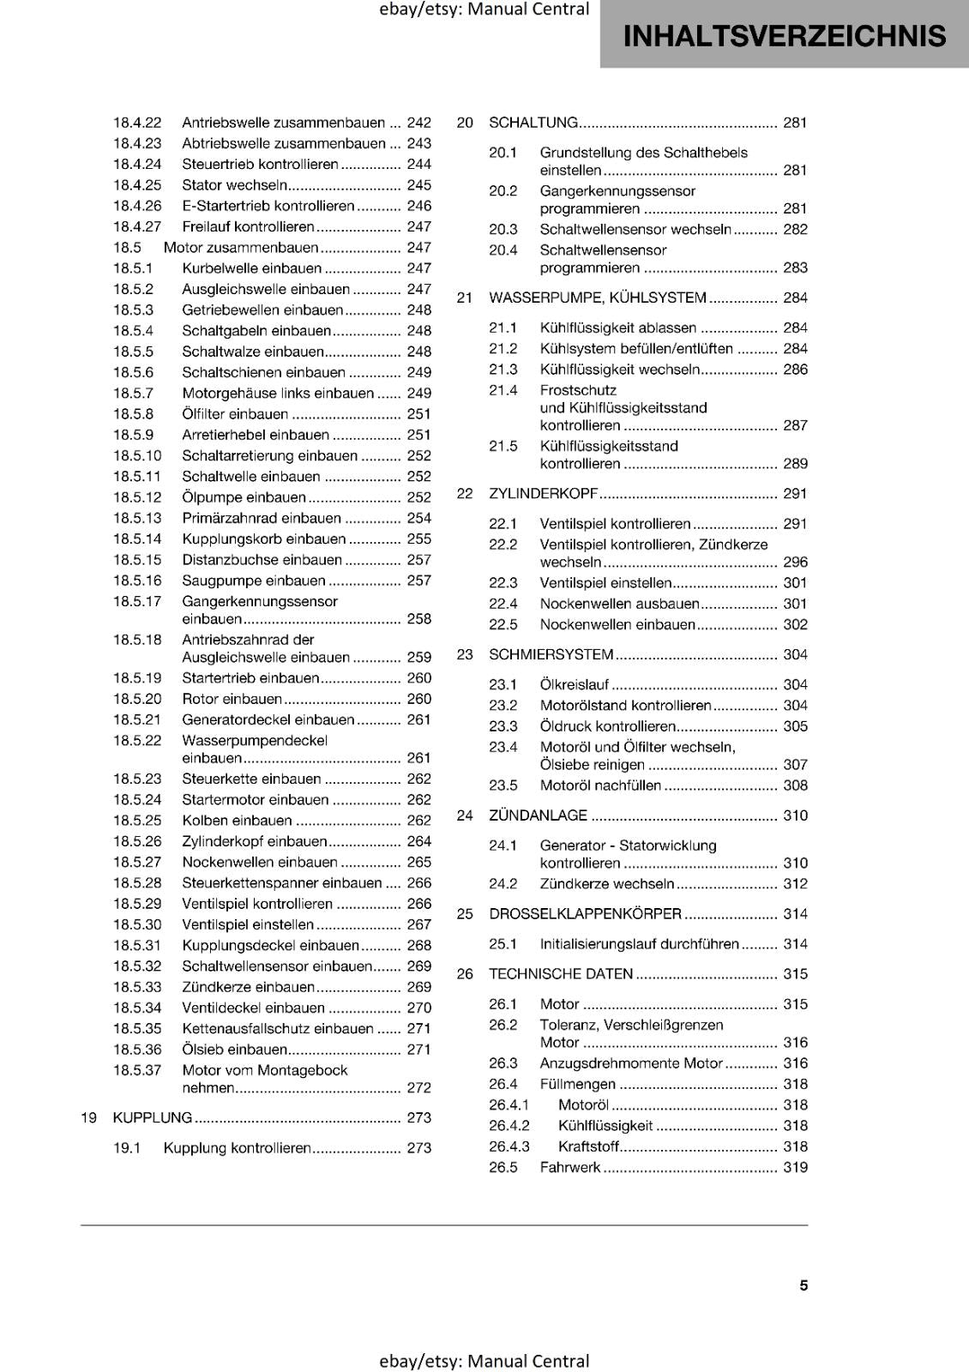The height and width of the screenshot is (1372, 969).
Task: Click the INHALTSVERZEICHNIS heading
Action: click(784, 36)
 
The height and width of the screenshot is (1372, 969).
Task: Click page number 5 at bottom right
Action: click(803, 1285)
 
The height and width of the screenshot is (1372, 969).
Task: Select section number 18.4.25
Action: click(137, 185)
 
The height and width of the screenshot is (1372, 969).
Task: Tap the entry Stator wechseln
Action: click(234, 185)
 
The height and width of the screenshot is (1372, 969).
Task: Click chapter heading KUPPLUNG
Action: click(153, 1117)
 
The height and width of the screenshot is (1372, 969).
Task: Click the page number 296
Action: click(795, 563)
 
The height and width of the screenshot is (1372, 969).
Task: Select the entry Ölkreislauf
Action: click(574, 684)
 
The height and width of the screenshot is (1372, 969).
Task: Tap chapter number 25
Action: click(465, 914)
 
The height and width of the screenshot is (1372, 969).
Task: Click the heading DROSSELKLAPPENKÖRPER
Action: click(585, 914)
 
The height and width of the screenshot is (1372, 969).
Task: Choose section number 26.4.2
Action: click(509, 1126)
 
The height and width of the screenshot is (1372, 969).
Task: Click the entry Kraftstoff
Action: click(588, 1146)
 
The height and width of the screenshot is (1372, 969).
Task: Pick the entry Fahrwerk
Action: click(569, 1167)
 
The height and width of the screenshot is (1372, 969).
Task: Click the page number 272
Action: click(418, 1088)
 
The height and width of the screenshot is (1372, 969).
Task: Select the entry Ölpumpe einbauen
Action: click(244, 497)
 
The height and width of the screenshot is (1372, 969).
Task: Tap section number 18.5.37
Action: click(137, 1070)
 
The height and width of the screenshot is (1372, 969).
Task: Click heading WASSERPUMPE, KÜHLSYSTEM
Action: click(597, 298)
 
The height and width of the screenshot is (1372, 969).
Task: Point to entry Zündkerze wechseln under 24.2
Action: click(606, 884)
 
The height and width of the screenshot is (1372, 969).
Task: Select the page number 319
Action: click(795, 1167)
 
